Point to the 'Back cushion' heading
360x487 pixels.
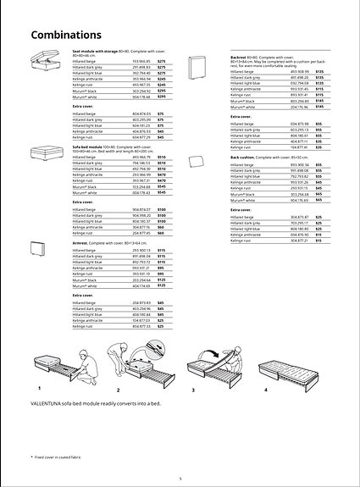(248, 158)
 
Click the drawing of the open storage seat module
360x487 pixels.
(46, 63)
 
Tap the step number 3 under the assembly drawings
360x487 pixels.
(193, 389)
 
